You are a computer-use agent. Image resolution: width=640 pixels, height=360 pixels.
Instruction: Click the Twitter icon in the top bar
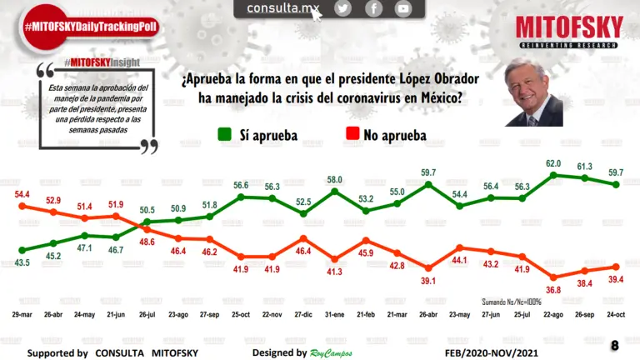coord(342,8)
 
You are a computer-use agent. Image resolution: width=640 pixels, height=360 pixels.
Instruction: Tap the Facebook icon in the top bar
coord(373,8)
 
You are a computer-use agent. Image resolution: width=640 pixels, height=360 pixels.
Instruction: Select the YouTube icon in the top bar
coord(403,8)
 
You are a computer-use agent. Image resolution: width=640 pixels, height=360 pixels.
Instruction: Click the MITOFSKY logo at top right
coord(569,32)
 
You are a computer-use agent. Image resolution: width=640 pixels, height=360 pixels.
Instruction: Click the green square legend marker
coord(224,134)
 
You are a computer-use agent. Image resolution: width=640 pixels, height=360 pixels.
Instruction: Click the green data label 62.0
coord(552,163)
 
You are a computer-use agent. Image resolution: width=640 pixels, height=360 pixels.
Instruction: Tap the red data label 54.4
coord(23,194)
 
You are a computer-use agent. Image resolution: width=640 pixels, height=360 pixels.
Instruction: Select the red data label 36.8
coord(554,289)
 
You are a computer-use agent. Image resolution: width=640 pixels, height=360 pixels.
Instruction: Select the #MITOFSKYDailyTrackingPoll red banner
coord(90,27)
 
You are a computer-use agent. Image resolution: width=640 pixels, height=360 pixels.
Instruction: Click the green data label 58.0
coord(335,179)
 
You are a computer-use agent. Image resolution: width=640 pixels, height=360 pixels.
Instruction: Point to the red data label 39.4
coord(617,279)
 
